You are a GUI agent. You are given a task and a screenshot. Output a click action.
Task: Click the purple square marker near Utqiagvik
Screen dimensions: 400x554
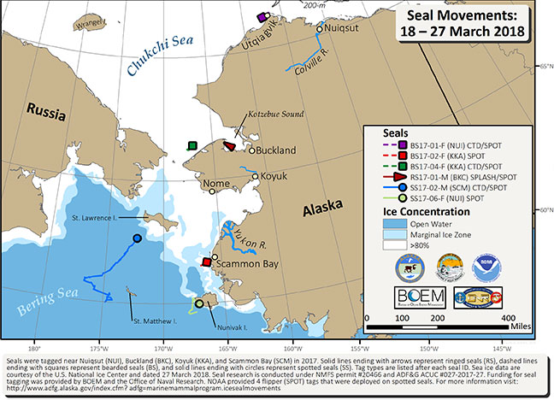[x=262, y=16]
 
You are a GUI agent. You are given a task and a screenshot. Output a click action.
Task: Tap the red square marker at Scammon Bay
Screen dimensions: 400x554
[x=205, y=262]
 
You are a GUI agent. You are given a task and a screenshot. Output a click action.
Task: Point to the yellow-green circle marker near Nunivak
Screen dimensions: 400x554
[x=198, y=303]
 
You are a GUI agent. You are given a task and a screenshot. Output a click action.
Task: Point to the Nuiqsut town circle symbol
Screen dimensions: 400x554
[x=319, y=29]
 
